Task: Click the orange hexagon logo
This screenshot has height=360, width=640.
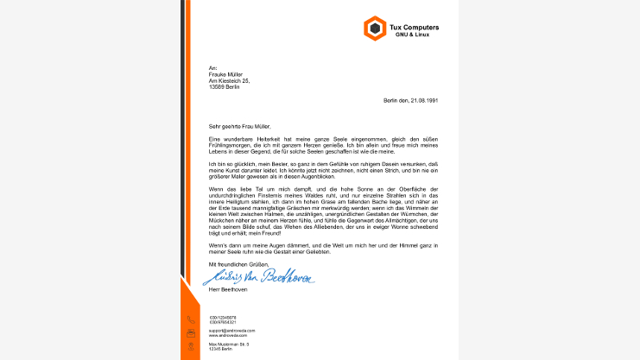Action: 375,29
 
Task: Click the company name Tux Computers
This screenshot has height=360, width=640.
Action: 415,27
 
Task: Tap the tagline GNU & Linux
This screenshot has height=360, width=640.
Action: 412,35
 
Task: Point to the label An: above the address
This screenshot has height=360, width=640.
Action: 212,67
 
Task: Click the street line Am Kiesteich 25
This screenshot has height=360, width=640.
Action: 229,80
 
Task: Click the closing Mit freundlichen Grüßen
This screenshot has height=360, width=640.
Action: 239,263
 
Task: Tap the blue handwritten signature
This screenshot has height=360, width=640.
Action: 258,276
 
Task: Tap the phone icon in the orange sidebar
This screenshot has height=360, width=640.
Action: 191,319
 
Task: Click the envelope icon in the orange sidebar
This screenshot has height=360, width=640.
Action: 191,332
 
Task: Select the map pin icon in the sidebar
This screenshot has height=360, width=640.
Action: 191,346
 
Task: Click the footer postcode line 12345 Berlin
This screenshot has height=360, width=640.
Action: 220,348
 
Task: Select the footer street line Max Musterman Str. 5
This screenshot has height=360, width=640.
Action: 229,344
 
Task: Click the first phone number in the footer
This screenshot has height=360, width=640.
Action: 222,317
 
